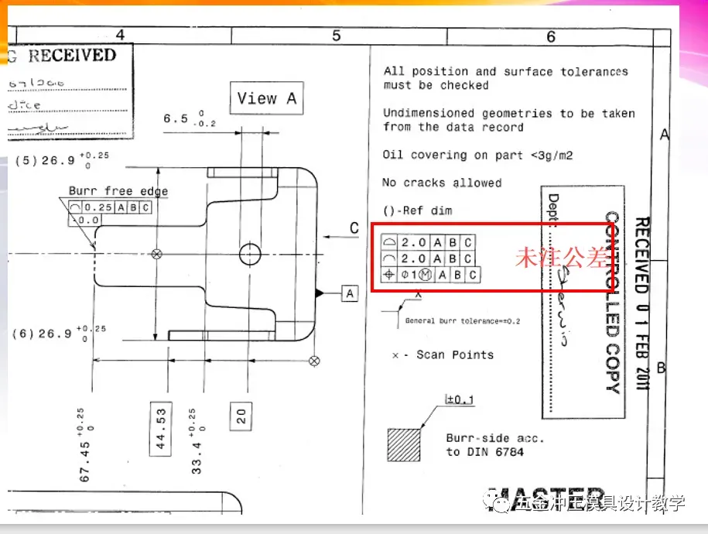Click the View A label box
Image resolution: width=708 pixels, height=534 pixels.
[x=267, y=98]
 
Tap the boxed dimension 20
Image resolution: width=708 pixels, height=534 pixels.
[x=242, y=416]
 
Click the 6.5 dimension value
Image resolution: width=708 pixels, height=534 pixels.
[x=176, y=119]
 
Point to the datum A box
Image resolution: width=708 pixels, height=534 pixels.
[x=351, y=293]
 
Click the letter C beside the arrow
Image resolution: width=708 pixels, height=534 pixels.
[x=354, y=228]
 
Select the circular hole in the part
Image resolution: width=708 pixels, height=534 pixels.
[x=251, y=253]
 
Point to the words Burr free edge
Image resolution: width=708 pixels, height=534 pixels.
[x=118, y=191]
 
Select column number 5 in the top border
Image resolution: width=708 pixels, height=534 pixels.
[x=337, y=36]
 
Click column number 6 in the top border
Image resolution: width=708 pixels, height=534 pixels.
[x=551, y=36]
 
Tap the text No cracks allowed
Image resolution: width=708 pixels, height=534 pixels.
[x=442, y=183]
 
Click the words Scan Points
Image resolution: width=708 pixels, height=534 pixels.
[x=455, y=355]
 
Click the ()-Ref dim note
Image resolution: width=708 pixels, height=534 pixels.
[x=418, y=211]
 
